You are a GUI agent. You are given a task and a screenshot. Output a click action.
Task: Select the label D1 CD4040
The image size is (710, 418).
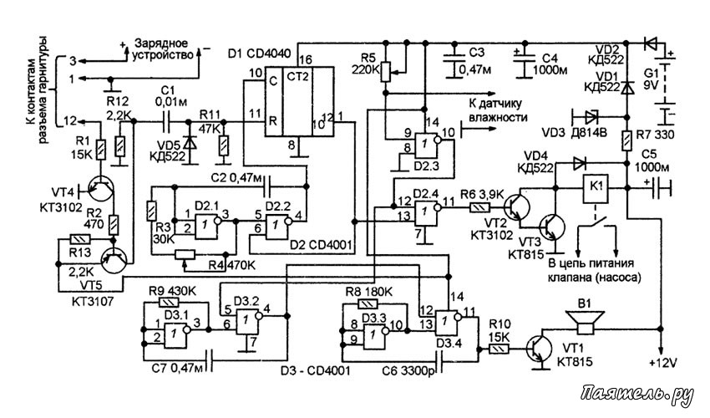260,54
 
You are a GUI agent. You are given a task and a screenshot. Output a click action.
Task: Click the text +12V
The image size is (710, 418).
662,363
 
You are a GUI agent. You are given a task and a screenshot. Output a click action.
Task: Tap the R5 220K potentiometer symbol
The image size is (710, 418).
385,71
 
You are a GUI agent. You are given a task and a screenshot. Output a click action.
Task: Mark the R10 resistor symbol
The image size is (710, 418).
497,349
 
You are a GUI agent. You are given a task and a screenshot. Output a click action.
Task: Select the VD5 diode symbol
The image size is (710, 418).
190,141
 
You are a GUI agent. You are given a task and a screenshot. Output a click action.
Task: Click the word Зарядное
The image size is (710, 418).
161,43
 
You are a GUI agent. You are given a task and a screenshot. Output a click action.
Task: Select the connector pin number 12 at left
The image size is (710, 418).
70,121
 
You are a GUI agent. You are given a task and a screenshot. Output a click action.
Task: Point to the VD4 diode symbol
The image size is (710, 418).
579,163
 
